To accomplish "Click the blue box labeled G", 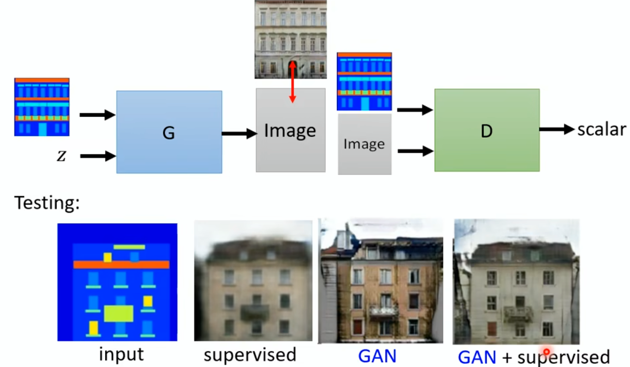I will coord(169,132).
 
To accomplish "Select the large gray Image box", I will coord(290,130).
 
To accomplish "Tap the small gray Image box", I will coord(365,144).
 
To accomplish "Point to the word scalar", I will coord(601,129).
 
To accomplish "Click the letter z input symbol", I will coord(61,157).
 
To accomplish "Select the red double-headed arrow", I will coord(292,82).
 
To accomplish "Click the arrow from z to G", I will coord(98,156).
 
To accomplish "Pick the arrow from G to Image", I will coord(239,134).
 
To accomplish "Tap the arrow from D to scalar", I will coord(557,129).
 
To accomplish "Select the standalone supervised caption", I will coord(250,354).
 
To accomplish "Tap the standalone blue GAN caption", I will coord(377,356).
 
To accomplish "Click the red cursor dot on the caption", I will coord(546,352).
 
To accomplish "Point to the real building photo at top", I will coord(290,39).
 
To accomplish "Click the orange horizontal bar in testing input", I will coord(121,264).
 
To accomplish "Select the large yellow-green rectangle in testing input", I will coord(118,314).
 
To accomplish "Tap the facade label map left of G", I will coord(42,107).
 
